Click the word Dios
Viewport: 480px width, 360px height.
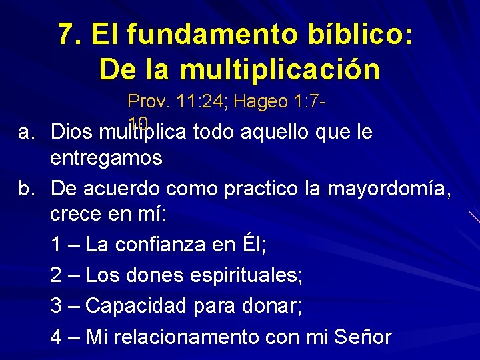72,132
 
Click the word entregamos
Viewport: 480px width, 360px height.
106,159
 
